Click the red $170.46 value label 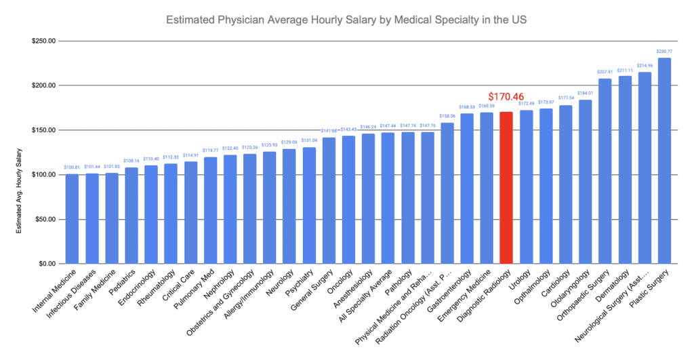(x=506, y=97)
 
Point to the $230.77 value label (x=664, y=52)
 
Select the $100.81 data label (x=72, y=167)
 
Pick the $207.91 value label (x=605, y=72)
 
